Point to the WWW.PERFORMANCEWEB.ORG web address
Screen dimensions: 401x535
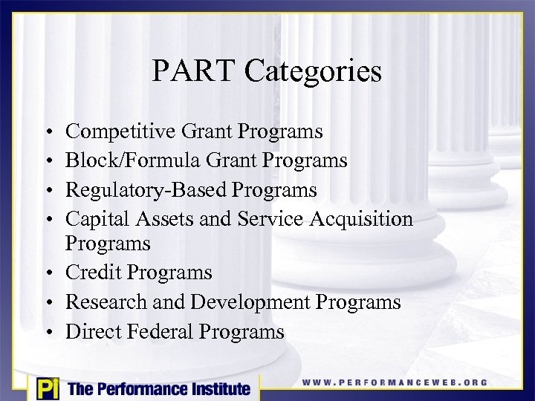pos(395,383)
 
